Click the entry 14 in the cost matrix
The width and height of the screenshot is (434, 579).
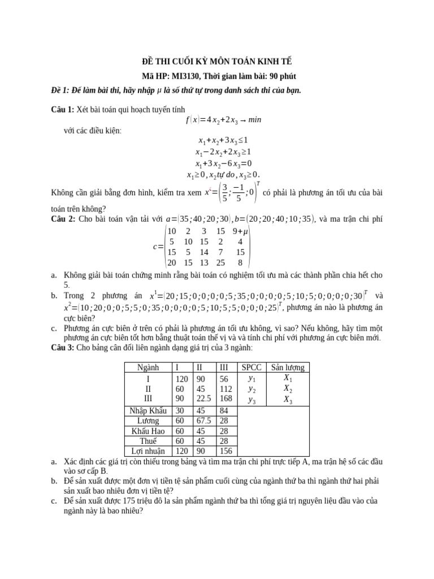[205, 252]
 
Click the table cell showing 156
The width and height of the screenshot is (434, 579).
[226, 452]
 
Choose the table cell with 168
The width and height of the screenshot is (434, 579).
[226, 399]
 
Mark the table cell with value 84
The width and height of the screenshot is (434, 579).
[226, 410]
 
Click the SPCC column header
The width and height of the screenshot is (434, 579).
[251, 368]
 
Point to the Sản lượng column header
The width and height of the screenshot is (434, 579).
[288, 368]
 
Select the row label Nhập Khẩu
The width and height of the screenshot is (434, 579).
[148, 410]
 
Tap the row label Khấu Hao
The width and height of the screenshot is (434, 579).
[148, 431]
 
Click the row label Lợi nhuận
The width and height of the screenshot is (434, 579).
[148, 452]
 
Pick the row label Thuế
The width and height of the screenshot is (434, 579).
[148, 442]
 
